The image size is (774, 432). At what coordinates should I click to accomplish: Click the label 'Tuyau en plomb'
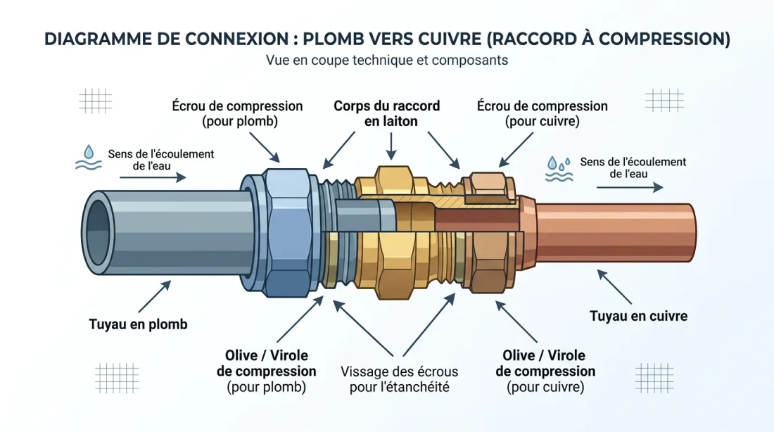[138, 324]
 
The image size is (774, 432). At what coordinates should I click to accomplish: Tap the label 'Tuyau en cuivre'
[638, 316]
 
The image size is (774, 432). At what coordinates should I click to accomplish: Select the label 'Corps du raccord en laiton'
[386, 113]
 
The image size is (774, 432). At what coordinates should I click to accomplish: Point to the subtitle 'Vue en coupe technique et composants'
[386, 61]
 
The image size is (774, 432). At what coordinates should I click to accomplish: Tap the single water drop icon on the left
[88, 152]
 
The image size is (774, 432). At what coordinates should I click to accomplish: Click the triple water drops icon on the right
[559, 163]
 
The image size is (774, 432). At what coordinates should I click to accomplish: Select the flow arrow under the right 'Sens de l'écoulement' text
[629, 188]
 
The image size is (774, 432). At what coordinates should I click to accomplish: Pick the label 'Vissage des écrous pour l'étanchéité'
[399, 379]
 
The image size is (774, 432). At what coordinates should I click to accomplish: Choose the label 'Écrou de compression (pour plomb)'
[237, 113]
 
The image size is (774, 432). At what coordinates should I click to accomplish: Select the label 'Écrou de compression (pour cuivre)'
[542, 113]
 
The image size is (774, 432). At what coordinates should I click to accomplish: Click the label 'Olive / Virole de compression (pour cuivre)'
[545, 371]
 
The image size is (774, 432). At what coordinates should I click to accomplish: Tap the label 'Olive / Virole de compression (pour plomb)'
[266, 371]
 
